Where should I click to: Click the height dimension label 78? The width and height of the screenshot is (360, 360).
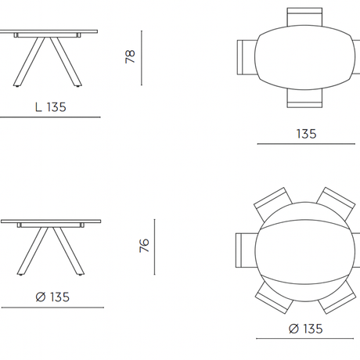click(130, 56)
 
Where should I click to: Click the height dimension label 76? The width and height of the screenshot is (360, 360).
click(144, 245)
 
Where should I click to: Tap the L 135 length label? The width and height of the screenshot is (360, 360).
click(51, 107)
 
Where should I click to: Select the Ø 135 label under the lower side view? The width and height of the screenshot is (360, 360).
click(52, 297)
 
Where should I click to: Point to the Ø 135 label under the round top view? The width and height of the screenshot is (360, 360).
click(306, 329)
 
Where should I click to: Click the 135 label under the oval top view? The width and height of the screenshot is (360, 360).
click(307, 134)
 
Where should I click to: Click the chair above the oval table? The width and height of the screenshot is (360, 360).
click(304, 16)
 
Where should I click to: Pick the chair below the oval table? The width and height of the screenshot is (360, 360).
click(304, 99)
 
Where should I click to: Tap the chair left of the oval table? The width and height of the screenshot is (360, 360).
click(247, 57)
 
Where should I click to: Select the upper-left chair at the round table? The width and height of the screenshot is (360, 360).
click(272, 202)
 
